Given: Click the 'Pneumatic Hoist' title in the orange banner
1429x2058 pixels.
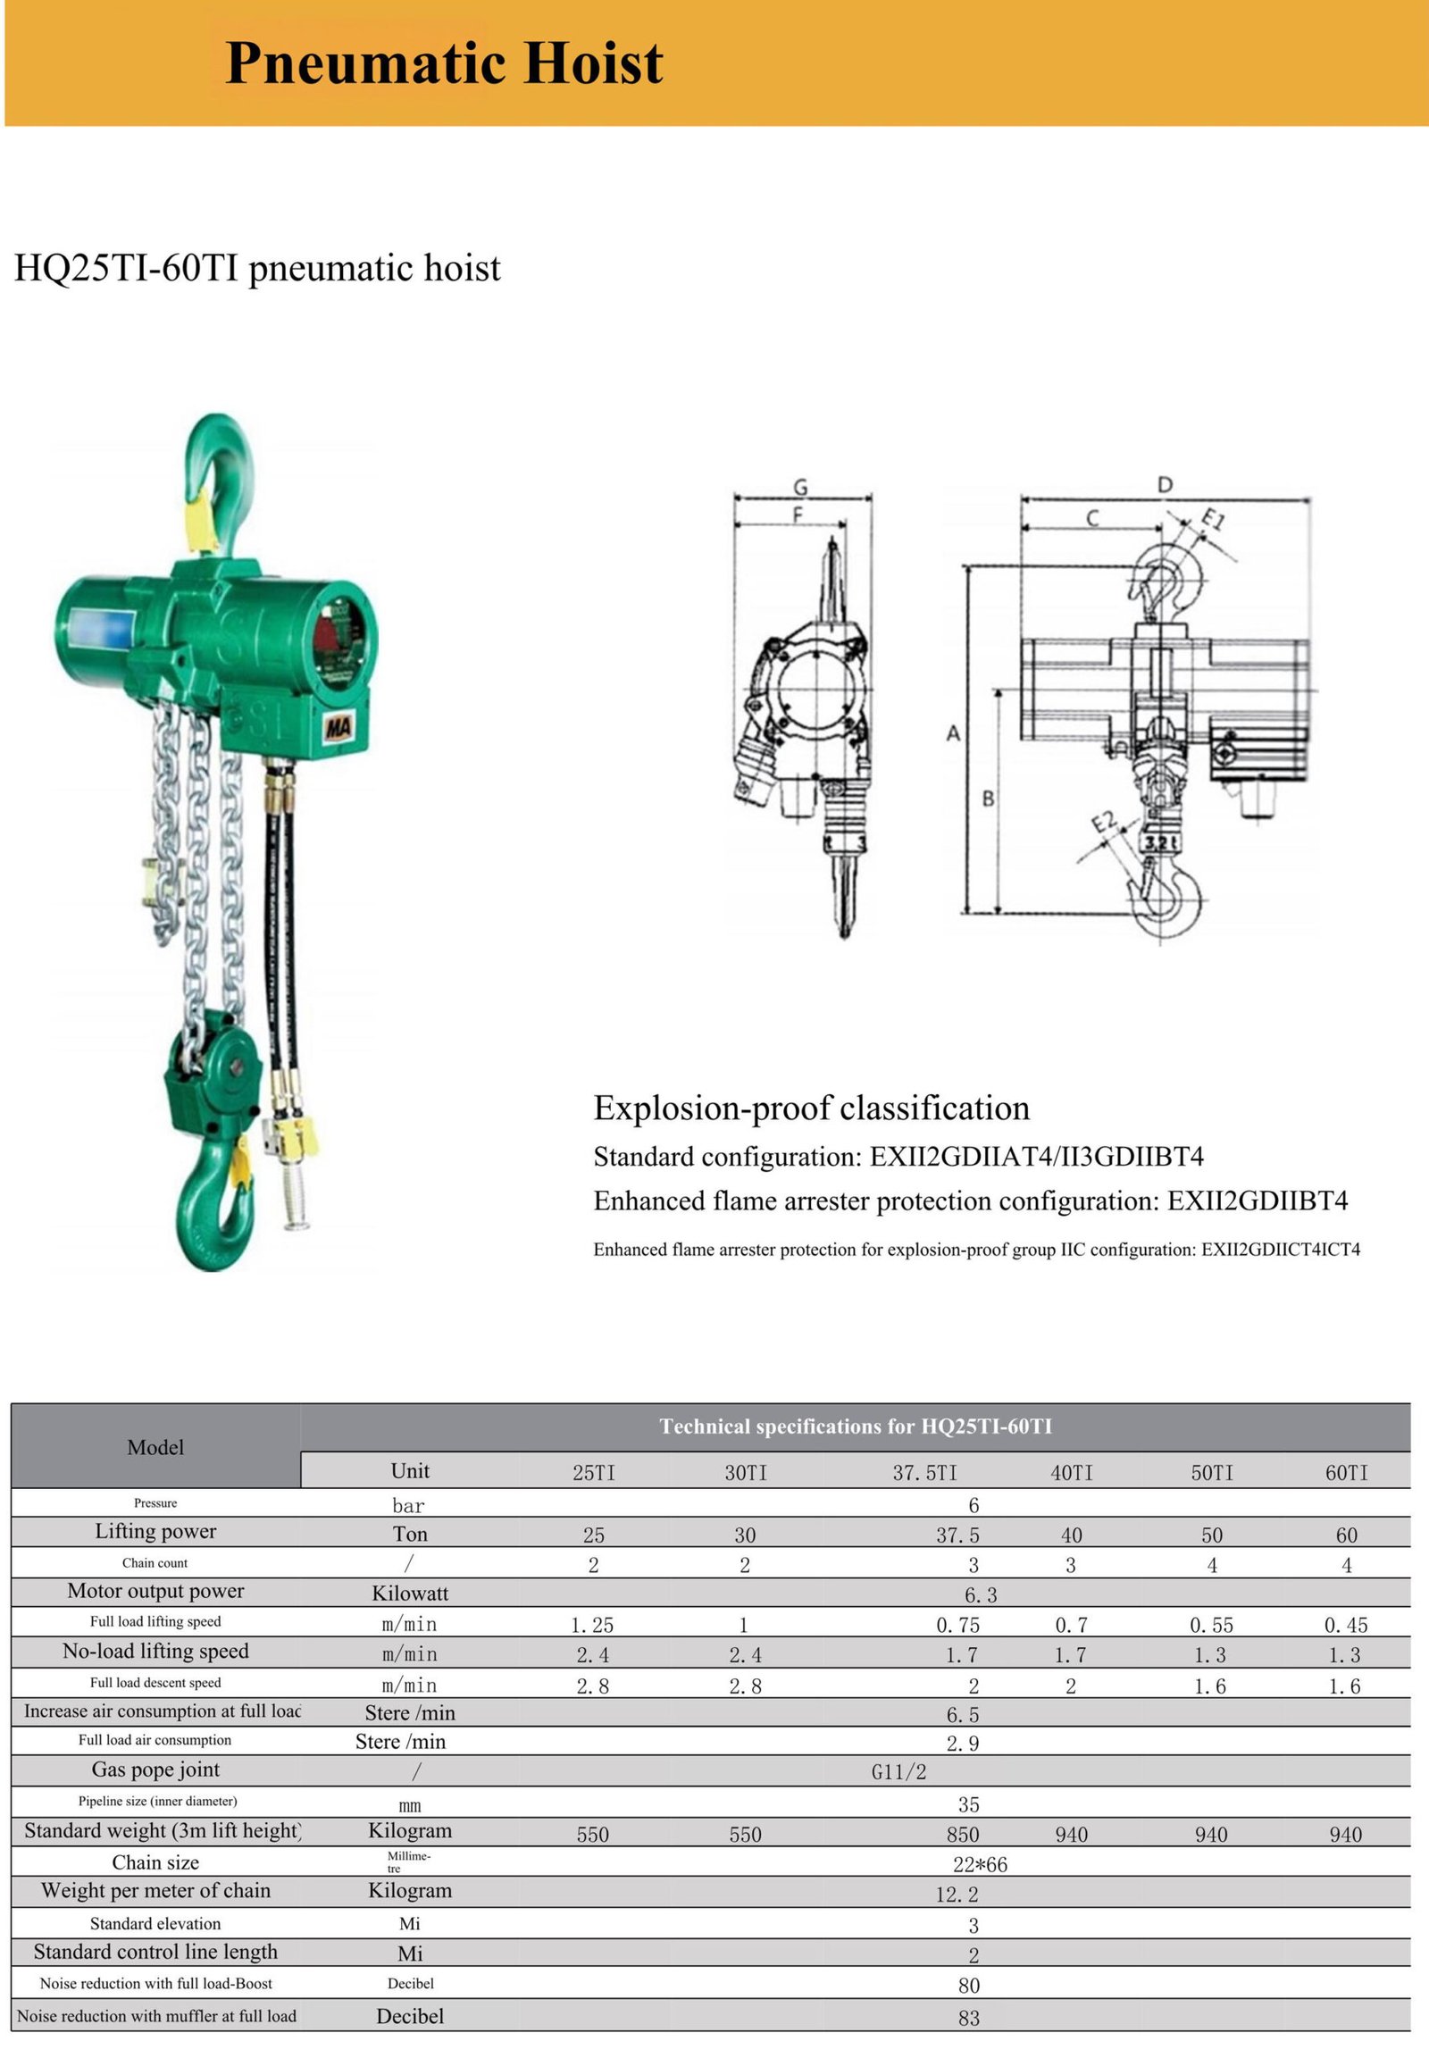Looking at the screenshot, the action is click(x=444, y=63).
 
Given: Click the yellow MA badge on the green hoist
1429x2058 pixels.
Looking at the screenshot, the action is click(x=338, y=727).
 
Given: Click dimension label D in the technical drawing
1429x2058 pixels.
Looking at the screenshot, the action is click(x=1164, y=484).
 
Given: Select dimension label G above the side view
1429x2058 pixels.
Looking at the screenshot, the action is click(x=800, y=487).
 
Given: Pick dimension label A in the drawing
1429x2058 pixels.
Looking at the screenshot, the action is click(x=953, y=733).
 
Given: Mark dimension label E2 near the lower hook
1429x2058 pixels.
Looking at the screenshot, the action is click(x=1104, y=821).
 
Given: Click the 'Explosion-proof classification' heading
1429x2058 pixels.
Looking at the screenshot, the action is click(x=811, y=1108).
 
